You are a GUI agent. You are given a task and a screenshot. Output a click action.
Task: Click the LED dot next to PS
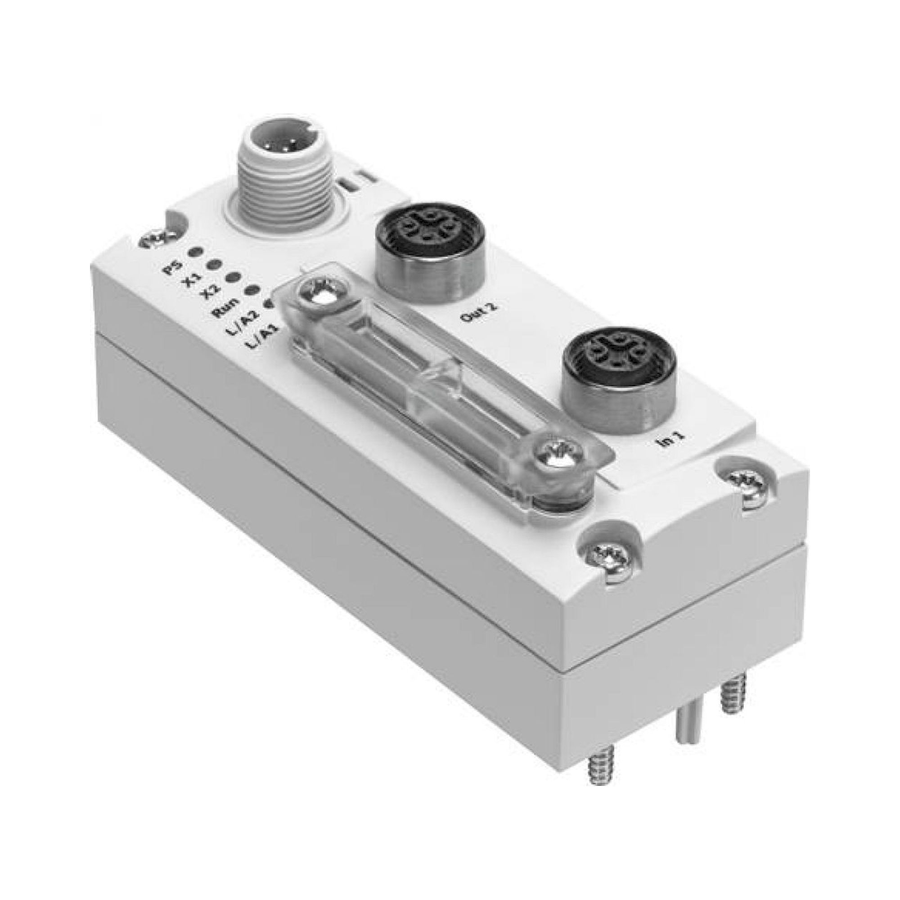(196, 252)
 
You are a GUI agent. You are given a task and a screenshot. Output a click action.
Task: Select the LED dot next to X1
(214, 265)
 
